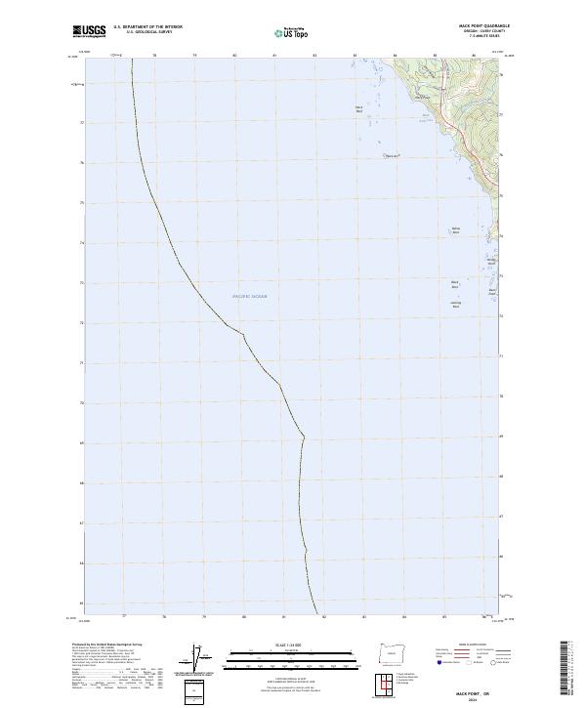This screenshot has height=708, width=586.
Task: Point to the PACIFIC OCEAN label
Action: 249,296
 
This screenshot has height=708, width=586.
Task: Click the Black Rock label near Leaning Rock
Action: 455,285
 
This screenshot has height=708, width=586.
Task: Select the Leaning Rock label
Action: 455,304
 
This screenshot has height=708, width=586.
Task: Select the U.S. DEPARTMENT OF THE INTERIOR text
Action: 148,27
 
